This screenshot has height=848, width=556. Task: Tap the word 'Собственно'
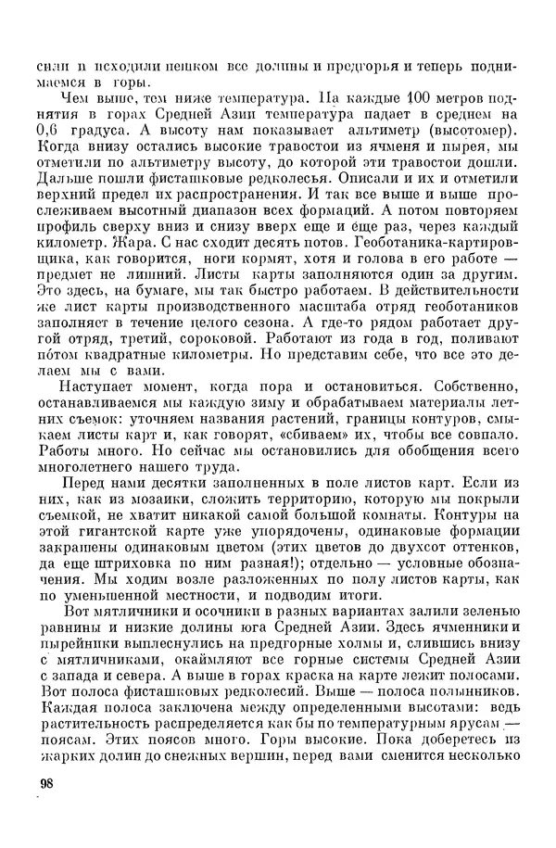pyautogui.click(x=471, y=393)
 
